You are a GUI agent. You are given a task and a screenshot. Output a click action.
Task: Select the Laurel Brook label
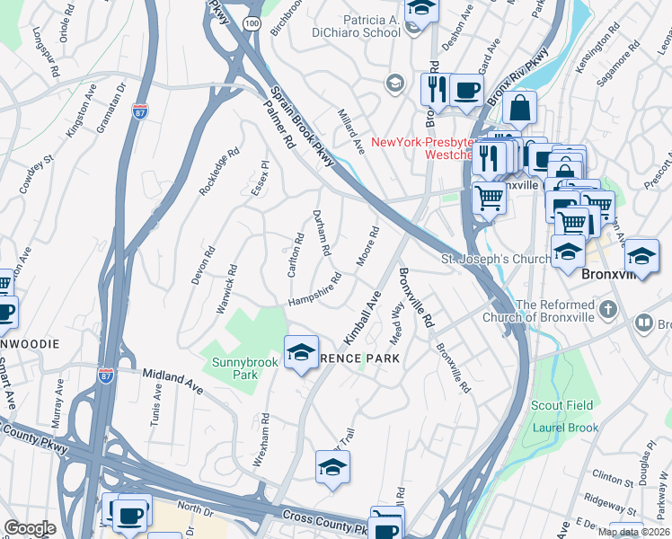click(x=565, y=428)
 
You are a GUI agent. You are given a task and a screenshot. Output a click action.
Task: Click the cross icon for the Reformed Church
click(x=608, y=310)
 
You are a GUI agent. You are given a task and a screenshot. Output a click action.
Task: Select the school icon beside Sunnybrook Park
click(x=301, y=352)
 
